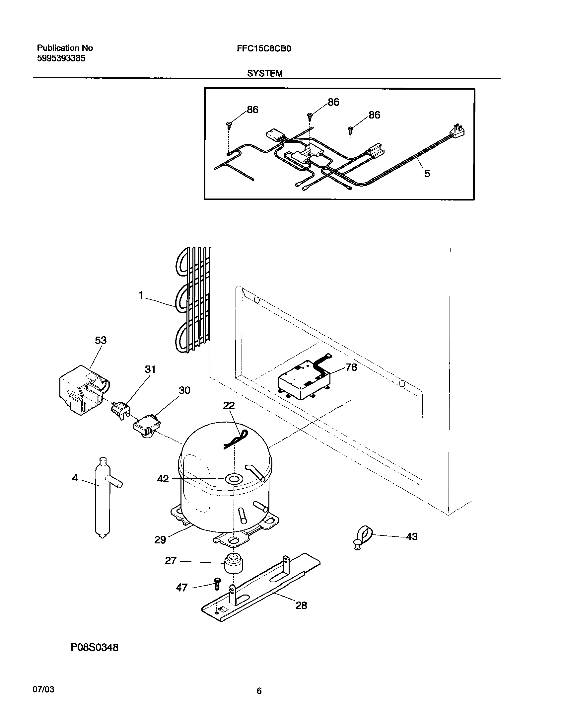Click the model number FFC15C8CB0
tap(264, 49)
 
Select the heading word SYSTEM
tap(265, 73)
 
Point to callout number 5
tap(427, 174)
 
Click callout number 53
tap(101, 340)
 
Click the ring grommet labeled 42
tap(234, 478)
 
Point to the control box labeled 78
tap(303, 382)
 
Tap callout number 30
tap(184, 390)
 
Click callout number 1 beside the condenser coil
tap(141, 295)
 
